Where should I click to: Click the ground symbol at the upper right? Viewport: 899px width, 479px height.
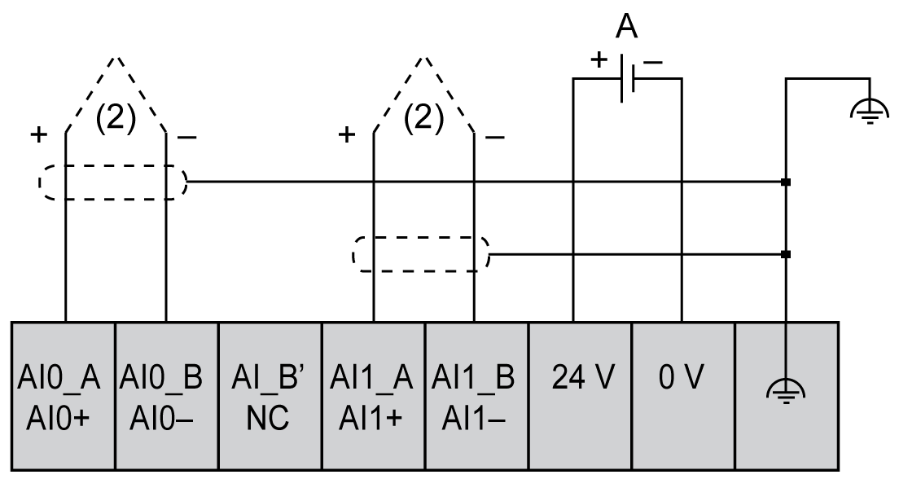pyautogui.click(x=870, y=107)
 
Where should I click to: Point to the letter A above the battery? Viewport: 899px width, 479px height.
pyautogui.click(x=625, y=27)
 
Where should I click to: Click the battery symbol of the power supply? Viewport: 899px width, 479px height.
pyautogui.click(x=626, y=79)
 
